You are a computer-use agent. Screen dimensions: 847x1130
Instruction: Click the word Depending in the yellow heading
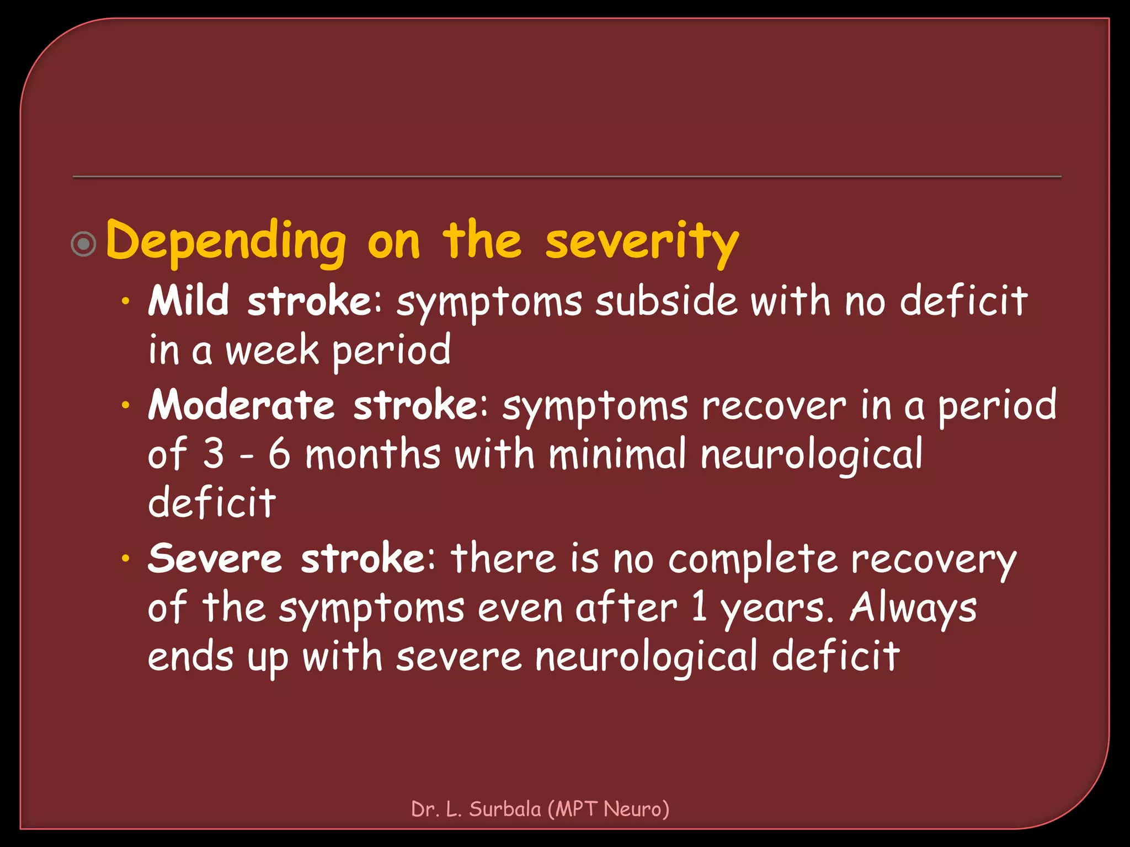(226, 242)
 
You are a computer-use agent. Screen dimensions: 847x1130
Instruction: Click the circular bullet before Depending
(84, 243)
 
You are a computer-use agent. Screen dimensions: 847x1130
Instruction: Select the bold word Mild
(188, 301)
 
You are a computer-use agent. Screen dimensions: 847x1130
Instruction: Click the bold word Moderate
(241, 405)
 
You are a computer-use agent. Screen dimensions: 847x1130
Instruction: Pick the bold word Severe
(215, 559)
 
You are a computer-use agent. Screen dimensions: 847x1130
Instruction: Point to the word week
(273, 351)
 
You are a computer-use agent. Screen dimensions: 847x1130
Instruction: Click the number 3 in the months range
(214, 454)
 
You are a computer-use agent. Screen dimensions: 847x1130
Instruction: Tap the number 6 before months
(279, 454)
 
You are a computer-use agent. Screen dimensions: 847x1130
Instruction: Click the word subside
(666, 301)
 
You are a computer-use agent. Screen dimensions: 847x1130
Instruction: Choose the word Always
(913, 608)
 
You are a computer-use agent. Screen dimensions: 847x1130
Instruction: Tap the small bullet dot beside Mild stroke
(126, 302)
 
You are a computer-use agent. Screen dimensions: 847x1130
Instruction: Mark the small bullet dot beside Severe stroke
(126, 559)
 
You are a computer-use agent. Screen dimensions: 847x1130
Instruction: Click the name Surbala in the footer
(505, 809)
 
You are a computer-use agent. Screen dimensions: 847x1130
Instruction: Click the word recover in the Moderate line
(774, 405)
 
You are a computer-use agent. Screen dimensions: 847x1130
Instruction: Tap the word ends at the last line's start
(190, 657)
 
